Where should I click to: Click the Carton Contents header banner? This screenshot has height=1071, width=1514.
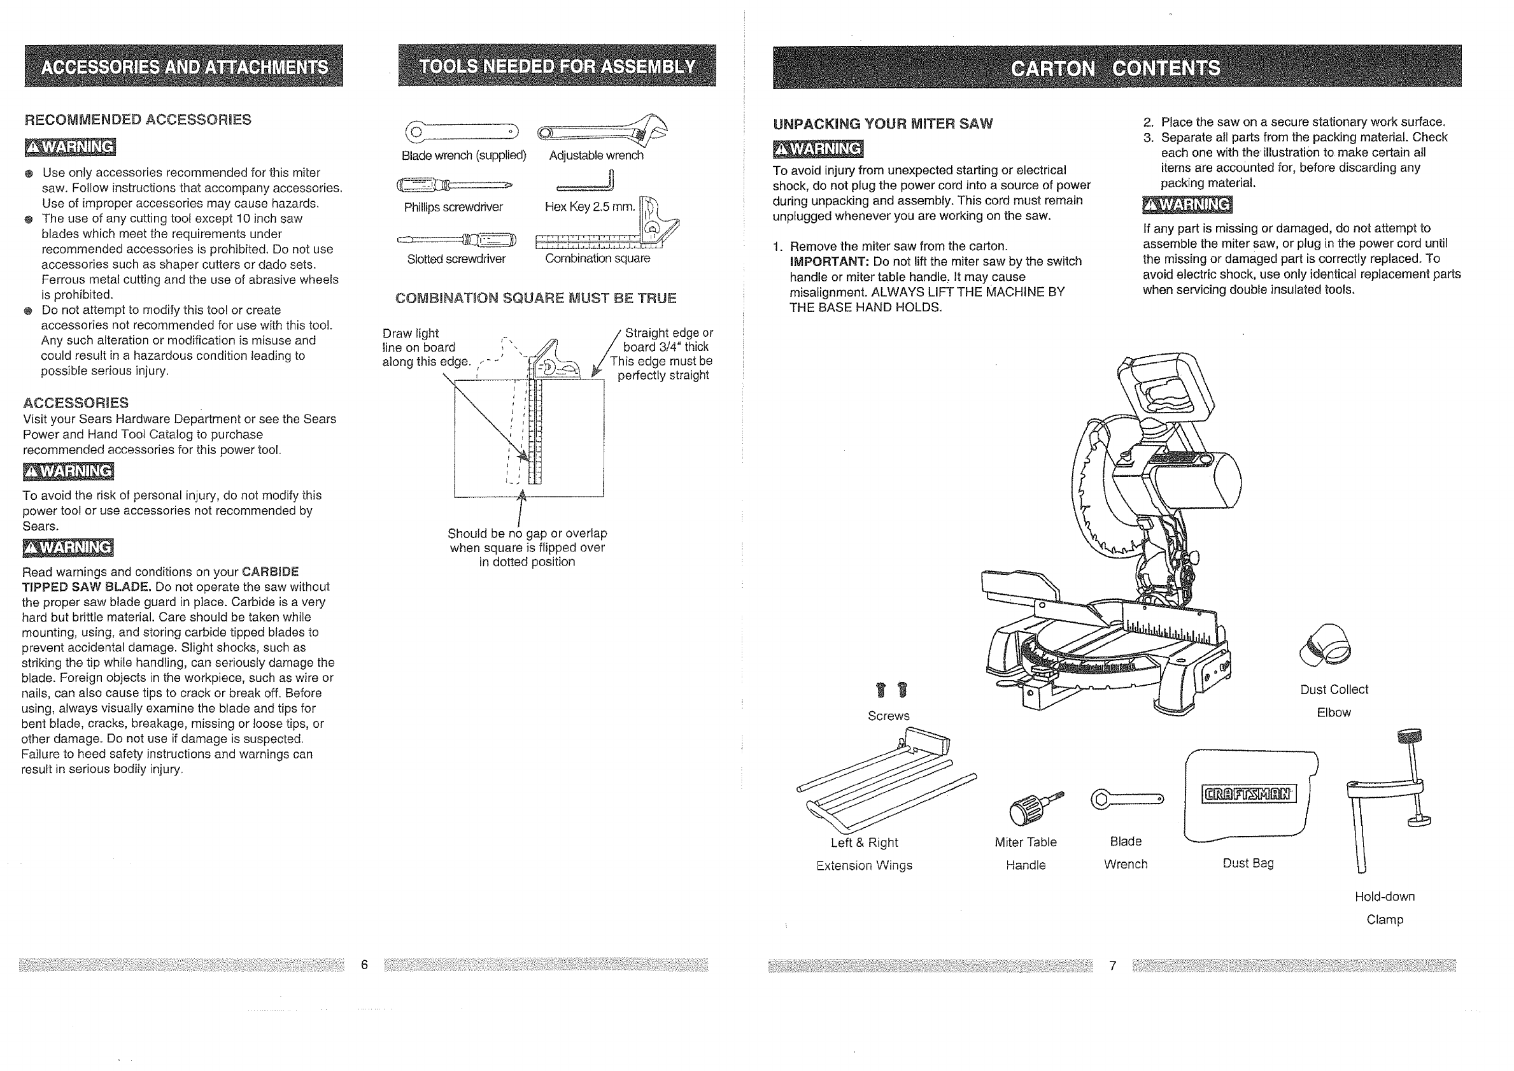1116,68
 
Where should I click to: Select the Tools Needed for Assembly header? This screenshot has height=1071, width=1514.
557,66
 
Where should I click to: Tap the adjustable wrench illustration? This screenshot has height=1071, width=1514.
602,130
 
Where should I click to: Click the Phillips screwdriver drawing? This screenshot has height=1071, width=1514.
454,185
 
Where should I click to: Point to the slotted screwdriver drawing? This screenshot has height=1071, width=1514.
457,239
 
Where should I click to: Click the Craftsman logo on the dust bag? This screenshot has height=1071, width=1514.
1249,793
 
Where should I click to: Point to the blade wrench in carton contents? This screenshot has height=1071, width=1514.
1127,799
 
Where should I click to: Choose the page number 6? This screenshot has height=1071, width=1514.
364,965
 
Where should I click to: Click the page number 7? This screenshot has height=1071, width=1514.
1112,966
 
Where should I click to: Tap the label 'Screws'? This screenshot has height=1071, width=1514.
888,716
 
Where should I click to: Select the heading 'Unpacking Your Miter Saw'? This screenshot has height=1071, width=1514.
882,124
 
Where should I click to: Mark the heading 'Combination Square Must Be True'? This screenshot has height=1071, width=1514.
535,298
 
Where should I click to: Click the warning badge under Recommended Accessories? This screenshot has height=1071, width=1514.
70,147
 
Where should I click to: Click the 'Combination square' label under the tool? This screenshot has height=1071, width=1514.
597,259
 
